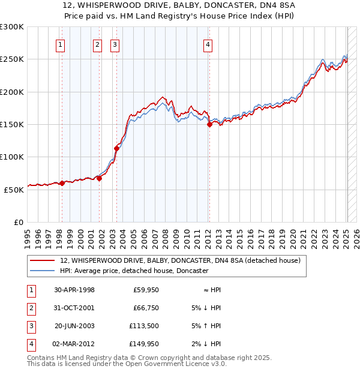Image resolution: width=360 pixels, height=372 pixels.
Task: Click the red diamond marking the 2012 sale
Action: click(209, 125)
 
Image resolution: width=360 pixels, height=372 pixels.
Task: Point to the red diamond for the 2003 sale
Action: click(116, 148)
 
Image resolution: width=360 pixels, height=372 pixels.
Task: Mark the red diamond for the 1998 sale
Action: click(61, 183)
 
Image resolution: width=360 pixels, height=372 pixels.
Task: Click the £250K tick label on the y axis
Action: click(12, 59)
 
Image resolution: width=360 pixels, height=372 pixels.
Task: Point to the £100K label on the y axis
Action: click(12, 157)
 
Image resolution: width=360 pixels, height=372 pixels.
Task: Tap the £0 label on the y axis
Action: click(18, 222)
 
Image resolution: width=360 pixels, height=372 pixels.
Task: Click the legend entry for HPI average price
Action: click(133, 271)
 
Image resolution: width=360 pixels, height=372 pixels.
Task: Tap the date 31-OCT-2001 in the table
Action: click(74, 308)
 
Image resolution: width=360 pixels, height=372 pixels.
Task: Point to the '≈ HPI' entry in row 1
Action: click(210, 290)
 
